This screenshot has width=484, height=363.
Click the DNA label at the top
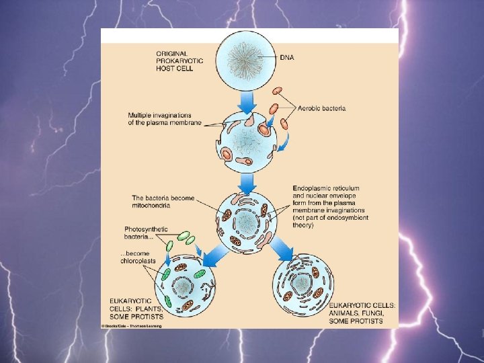pyautogui.click(x=287, y=58)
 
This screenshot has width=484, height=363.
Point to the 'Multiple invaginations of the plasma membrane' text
pyautogui.click(x=165, y=118)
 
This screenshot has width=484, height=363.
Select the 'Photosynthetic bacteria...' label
pyautogui.click(x=146, y=233)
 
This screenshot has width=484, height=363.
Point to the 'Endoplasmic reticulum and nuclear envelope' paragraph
pyautogui.click(x=330, y=206)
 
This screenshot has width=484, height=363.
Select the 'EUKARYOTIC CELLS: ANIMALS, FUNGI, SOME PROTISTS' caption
pyautogui.click(x=362, y=313)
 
